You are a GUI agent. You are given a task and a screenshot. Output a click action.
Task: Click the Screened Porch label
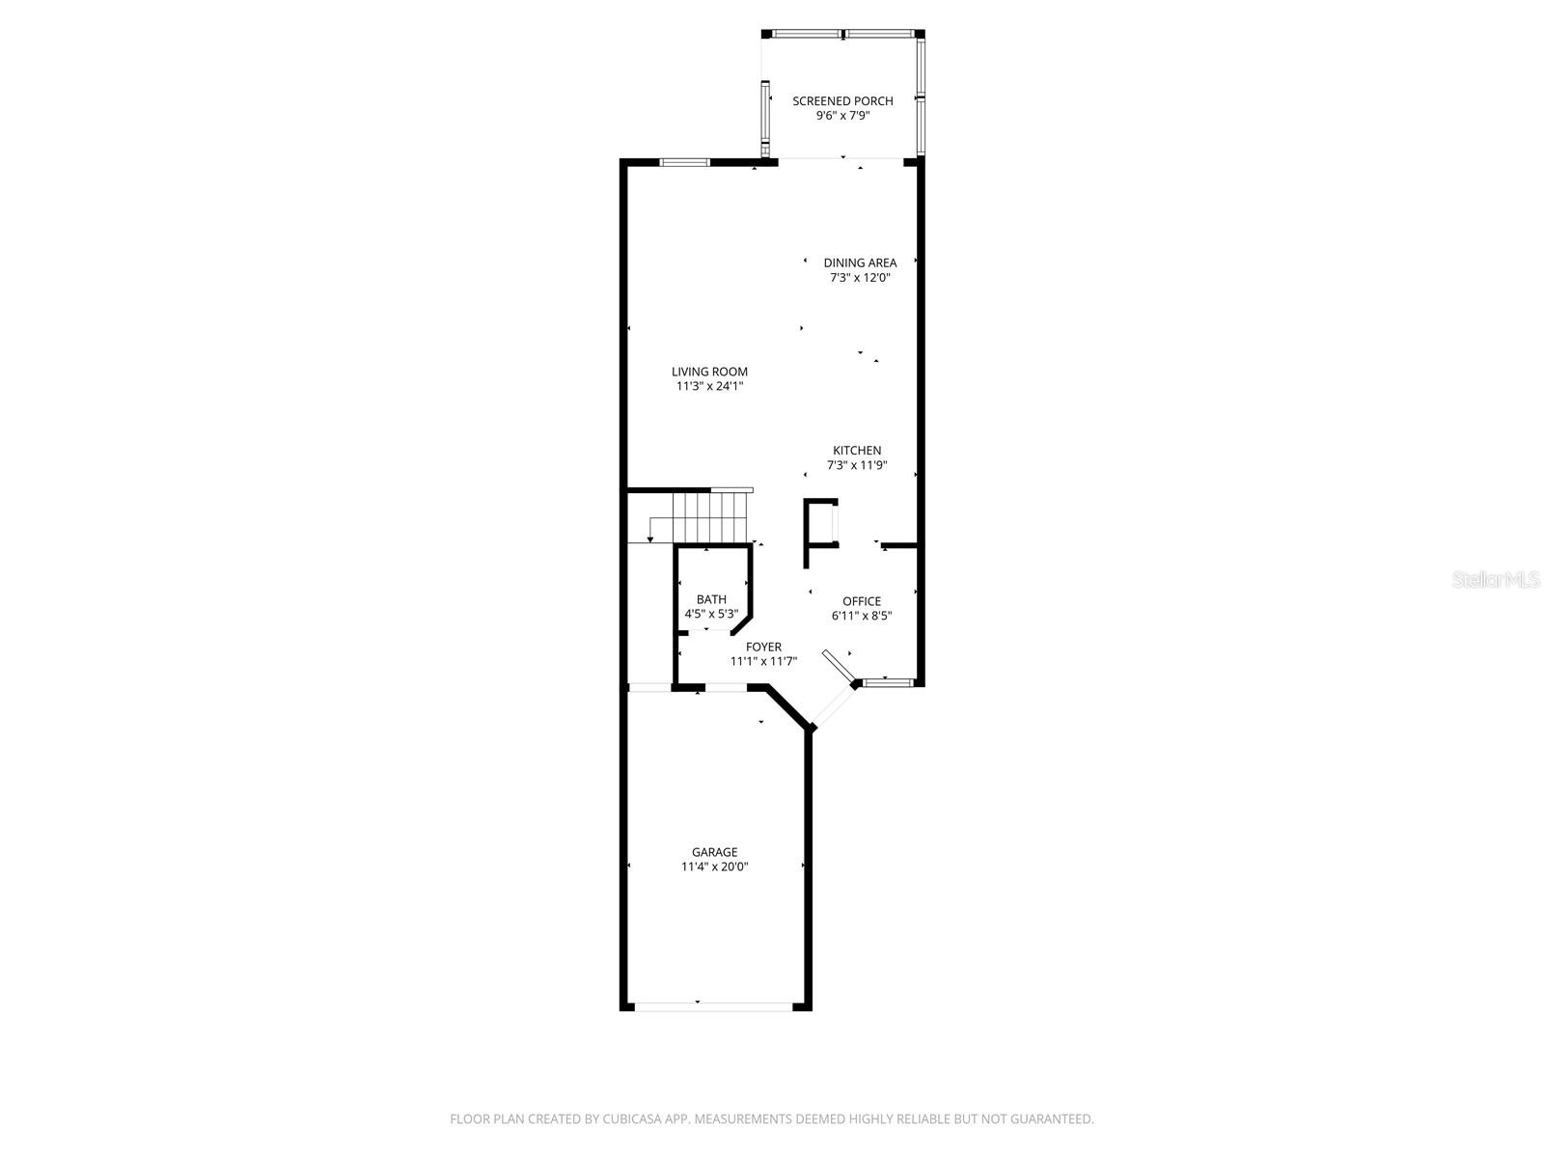pos(842,100)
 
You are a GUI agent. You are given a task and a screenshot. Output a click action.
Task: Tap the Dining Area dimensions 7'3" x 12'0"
pos(859,278)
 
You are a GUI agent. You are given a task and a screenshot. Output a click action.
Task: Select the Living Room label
pos(709,372)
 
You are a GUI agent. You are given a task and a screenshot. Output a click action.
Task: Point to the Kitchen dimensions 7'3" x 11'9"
pos(857,465)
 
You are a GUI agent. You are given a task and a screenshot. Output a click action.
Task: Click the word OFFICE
pos(862,601)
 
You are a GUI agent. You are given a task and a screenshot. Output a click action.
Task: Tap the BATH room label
pos(711,599)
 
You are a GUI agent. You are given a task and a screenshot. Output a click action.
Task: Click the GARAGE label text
pos(714,852)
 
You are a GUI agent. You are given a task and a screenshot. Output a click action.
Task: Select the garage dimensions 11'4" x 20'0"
pos(714,867)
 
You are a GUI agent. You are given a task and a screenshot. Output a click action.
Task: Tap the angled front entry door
pos(837,667)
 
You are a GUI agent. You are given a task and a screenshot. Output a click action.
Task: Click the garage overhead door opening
pos(713,1006)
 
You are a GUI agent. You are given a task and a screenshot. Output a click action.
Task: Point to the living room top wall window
pos(685,162)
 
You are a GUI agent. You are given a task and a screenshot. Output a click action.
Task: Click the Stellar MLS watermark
pos(1497,580)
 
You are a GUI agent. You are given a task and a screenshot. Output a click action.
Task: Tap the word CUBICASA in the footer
pos(624,1119)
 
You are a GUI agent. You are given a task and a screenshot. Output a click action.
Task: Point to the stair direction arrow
pos(652,530)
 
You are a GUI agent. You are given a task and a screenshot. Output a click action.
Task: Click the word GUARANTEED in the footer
pos(1049,1119)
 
